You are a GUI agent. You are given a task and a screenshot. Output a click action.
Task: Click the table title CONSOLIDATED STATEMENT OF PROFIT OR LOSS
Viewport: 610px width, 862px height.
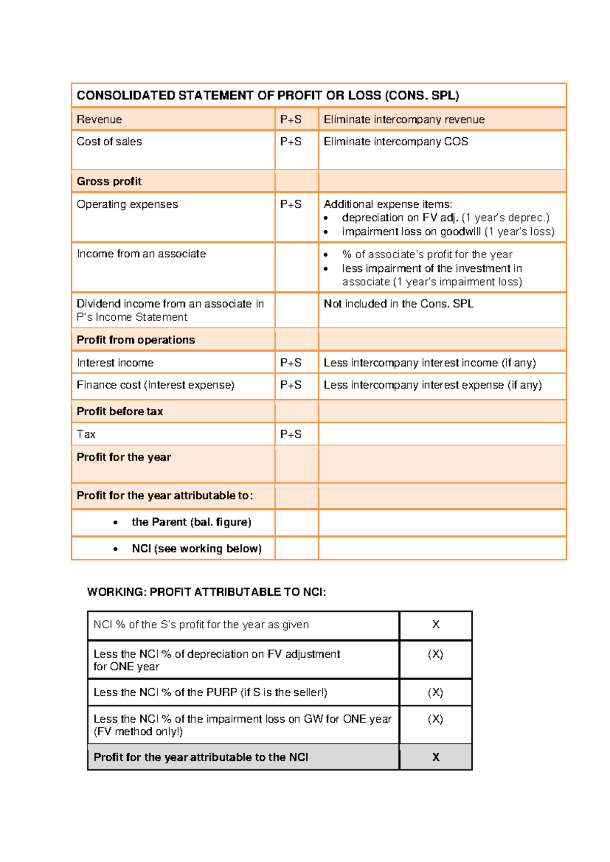(267, 96)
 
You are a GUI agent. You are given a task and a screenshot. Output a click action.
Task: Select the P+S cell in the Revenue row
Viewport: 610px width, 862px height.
(291, 119)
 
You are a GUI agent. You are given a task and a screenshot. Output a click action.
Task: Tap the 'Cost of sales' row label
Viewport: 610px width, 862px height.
(109, 142)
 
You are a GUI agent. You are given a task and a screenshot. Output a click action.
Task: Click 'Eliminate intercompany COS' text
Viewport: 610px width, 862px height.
(395, 142)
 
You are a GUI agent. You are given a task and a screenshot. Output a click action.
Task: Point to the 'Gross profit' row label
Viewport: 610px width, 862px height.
(109, 181)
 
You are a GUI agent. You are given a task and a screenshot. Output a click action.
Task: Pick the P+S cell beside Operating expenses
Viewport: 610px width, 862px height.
(291, 204)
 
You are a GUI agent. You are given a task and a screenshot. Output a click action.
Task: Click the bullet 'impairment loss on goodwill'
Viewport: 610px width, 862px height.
(447, 232)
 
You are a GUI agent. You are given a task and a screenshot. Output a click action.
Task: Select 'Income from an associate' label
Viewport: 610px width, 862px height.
(141, 254)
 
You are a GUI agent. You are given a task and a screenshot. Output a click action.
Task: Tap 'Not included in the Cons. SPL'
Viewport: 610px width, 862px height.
(399, 304)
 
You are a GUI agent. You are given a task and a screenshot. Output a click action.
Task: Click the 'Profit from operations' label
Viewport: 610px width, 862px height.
(136, 340)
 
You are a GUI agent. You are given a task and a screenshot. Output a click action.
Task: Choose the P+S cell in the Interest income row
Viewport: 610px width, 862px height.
(291, 363)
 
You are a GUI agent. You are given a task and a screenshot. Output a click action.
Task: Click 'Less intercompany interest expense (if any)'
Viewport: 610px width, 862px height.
(433, 385)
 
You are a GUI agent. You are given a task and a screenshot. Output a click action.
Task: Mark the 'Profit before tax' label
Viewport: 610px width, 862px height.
(120, 412)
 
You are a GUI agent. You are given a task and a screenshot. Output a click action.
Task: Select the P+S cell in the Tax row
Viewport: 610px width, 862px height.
(291, 435)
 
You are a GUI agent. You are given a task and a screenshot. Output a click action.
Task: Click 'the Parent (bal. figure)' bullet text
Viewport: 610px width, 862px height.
(191, 522)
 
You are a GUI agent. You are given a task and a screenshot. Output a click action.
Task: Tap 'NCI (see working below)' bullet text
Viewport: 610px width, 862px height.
(196, 548)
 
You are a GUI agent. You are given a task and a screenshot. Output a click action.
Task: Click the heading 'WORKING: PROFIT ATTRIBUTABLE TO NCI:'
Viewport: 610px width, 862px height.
(206, 592)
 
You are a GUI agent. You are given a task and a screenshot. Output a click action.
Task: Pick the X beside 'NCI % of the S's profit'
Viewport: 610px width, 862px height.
(436, 625)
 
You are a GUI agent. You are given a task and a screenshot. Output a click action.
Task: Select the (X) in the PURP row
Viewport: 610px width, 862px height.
(435, 692)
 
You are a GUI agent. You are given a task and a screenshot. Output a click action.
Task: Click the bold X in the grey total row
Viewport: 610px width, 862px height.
(436, 757)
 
